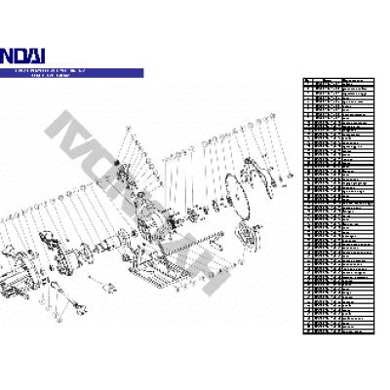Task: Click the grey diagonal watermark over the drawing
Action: tap(146, 195)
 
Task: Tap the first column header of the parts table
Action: tap(307, 81)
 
